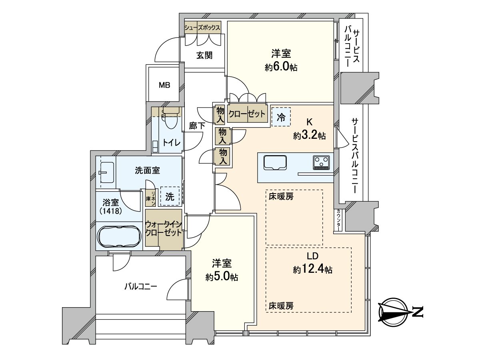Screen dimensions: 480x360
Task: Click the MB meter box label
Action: [x=164, y=85]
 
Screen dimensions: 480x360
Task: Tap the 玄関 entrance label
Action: [x=204, y=56]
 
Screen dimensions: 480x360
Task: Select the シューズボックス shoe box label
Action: [x=202, y=28]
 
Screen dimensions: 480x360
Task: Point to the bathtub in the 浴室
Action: [x=119, y=236]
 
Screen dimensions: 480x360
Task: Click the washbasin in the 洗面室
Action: [x=106, y=172]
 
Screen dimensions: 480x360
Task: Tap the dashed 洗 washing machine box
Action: [x=170, y=196]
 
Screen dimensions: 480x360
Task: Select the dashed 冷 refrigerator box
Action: [x=281, y=117]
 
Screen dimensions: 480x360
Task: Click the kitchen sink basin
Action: [x=275, y=163]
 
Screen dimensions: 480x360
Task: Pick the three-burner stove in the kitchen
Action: [x=321, y=162]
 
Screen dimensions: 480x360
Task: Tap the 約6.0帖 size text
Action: [x=281, y=67]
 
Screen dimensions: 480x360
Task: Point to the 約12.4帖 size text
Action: [x=312, y=270]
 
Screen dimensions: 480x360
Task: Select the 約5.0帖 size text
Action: [x=222, y=277]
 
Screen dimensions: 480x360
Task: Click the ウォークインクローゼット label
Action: [x=163, y=228]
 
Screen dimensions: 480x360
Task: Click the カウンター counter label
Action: [x=338, y=220]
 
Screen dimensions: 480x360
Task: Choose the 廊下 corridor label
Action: [x=197, y=126]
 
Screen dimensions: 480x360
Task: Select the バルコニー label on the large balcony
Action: [x=141, y=286]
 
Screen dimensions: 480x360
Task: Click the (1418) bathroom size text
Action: [x=110, y=212]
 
